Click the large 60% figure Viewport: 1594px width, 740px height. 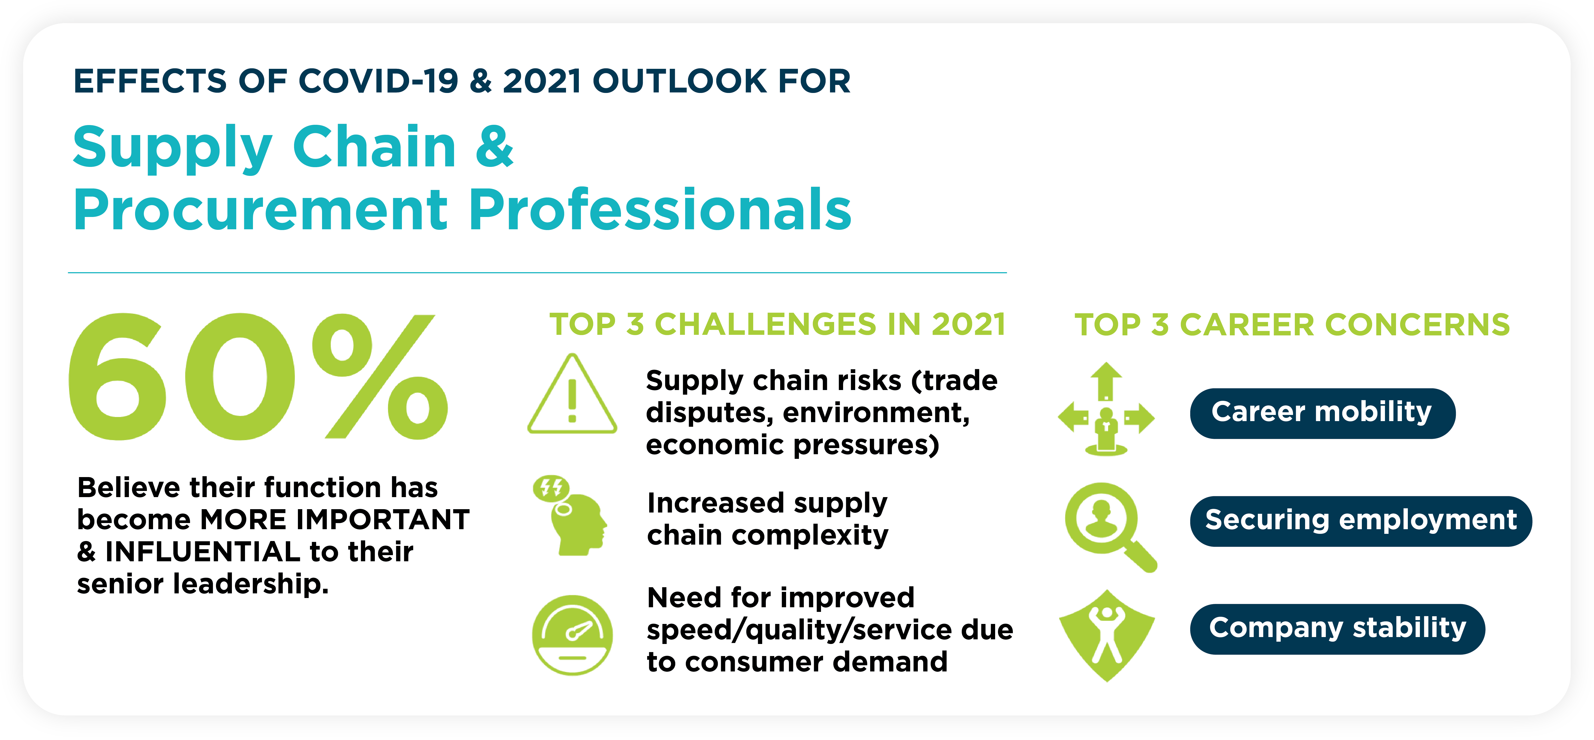258,377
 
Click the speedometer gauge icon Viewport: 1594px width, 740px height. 572,635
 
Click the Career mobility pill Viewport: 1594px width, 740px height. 1322,413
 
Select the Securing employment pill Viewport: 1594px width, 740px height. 1361,521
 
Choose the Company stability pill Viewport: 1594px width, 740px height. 1337,629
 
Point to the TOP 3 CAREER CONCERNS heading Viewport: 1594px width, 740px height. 1292,325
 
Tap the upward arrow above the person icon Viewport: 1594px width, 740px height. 1106,381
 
